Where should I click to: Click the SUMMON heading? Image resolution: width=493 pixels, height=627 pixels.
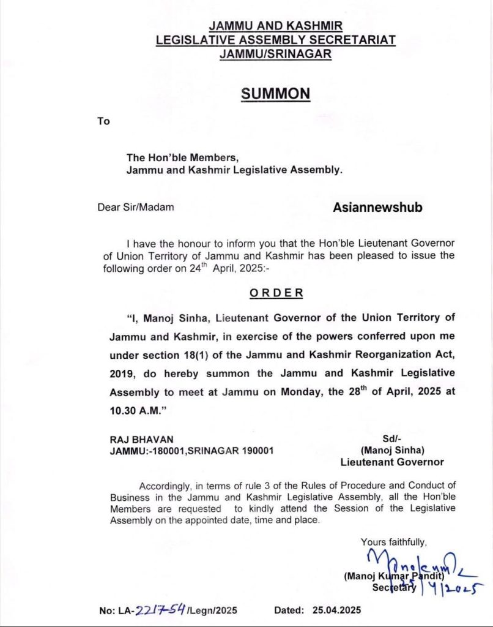[x=275, y=94]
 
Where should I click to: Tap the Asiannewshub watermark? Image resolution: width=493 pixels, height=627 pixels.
[x=377, y=207]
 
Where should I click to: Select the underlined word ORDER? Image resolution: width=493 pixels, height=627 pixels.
[x=276, y=293]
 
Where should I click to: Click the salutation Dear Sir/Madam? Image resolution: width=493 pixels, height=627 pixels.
[x=136, y=207]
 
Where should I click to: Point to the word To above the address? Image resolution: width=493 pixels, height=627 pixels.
[x=103, y=121]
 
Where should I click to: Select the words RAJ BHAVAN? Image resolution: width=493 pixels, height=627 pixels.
[x=141, y=439]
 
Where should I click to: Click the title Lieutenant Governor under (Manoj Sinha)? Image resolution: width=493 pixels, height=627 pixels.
[x=392, y=462]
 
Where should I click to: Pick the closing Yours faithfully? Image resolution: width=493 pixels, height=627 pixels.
[x=393, y=541]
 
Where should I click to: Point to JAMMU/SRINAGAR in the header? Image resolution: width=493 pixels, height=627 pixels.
[x=275, y=54]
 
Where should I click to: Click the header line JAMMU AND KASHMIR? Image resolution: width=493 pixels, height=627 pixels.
[x=275, y=26]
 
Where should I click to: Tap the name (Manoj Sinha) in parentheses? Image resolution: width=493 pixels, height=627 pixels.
[x=392, y=451]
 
